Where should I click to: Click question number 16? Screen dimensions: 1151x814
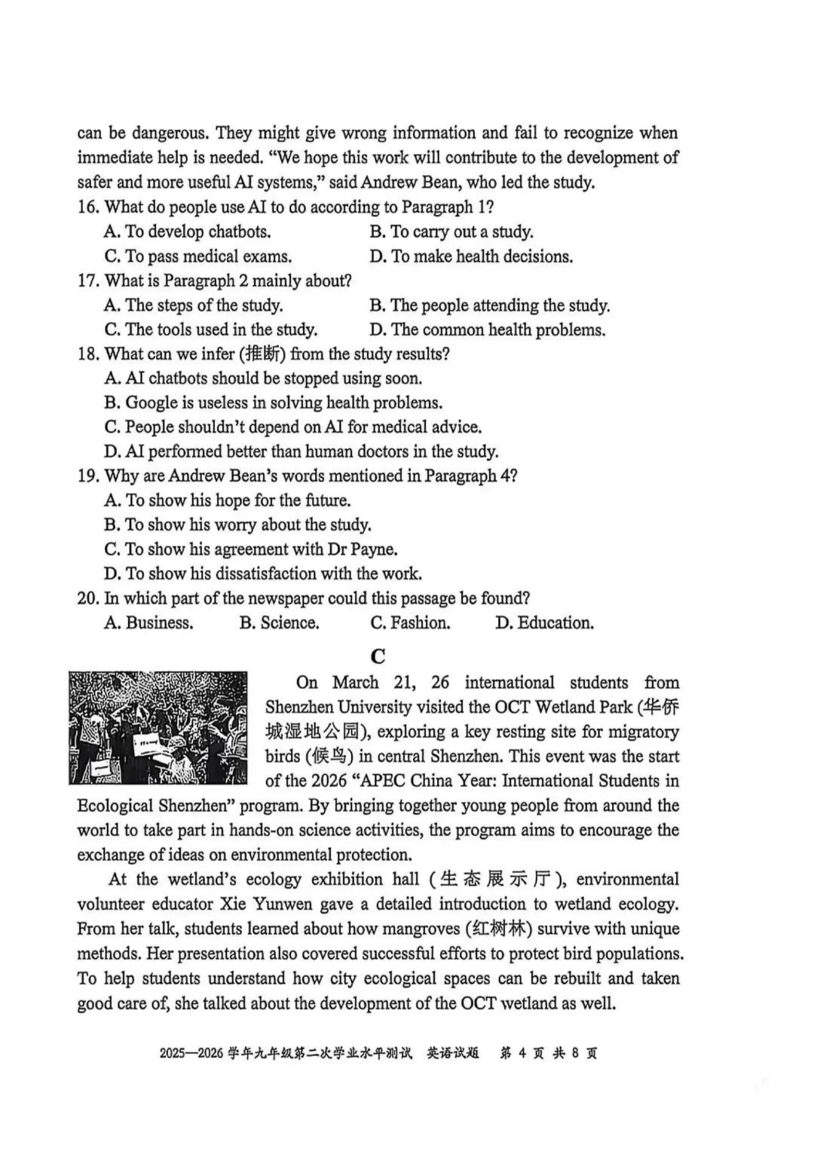click(x=88, y=207)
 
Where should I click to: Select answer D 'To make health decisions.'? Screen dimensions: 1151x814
click(x=471, y=256)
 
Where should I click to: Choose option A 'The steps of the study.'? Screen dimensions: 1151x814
click(x=194, y=305)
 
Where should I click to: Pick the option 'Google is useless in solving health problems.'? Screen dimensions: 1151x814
click(x=274, y=403)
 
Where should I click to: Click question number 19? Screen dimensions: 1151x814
click(x=88, y=476)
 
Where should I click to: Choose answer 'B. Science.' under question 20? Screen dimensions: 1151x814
click(x=279, y=623)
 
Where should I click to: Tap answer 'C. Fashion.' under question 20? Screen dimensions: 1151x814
click(x=410, y=623)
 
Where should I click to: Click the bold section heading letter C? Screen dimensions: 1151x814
click(x=378, y=656)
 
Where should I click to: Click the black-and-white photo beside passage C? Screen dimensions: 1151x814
click(x=158, y=727)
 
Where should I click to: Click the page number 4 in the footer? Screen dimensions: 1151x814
click(x=522, y=1053)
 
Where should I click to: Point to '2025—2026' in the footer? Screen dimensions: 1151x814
click(x=191, y=1053)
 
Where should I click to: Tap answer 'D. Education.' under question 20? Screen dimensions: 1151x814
click(x=544, y=623)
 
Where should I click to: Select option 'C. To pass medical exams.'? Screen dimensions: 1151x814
click(x=198, y=256)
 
